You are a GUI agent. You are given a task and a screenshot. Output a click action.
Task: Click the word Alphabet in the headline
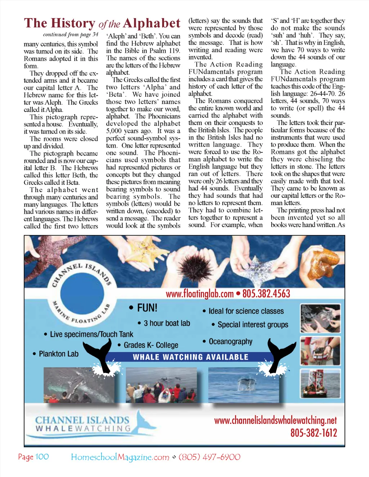tap(151, 23)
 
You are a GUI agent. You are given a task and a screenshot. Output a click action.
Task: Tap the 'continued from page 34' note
tap(71, 35)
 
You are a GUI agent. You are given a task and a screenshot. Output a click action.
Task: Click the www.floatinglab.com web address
tap(200, 294)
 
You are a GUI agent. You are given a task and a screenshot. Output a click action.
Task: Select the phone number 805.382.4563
tap(266, 294)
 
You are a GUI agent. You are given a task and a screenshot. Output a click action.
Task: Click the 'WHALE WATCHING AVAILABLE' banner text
tap(191, 357)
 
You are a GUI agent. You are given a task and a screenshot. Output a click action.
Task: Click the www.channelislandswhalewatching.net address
tap(275, 420)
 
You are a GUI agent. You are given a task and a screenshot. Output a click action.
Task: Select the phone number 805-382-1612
tap(314, 433)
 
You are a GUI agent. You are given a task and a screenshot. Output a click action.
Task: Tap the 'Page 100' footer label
tap(34, 457)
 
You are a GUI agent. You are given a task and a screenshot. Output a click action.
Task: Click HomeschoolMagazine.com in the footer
tap(120, 457)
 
